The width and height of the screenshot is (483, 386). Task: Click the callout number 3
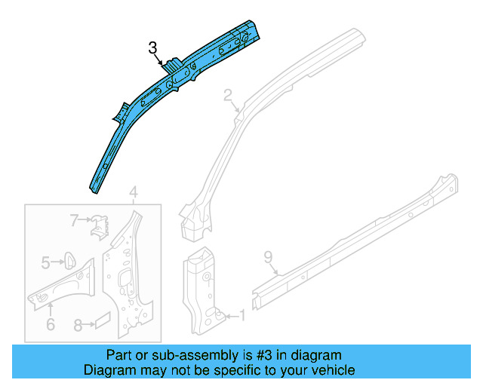153,49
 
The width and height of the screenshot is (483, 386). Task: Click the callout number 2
228,95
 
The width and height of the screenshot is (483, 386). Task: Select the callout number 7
75,220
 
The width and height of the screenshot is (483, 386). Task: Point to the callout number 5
46,262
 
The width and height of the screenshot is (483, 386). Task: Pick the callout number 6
50,324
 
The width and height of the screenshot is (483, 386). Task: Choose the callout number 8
78,326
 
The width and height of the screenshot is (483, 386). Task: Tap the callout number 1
241,315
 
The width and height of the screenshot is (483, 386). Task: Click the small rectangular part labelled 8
101,322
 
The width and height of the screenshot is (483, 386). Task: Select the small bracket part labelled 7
100,225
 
